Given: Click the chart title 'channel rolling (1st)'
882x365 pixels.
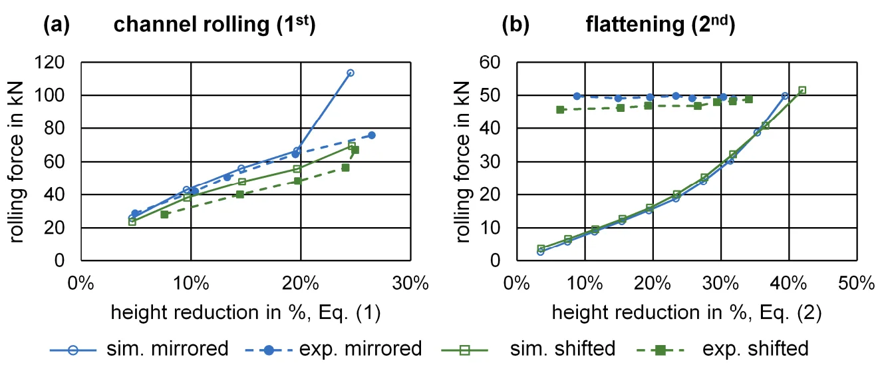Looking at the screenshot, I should click(214, 25).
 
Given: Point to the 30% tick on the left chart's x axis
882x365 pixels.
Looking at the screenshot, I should click(410, 282).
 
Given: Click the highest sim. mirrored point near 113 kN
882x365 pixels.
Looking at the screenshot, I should click(350, 73).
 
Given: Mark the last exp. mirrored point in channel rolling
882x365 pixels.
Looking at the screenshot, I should click(372, 135).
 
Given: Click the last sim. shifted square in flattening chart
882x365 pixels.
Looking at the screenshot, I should click(802, 90).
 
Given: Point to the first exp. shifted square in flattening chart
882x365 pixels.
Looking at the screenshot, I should click(560, 110).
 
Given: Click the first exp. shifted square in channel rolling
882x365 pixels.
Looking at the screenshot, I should click(164, 214).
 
